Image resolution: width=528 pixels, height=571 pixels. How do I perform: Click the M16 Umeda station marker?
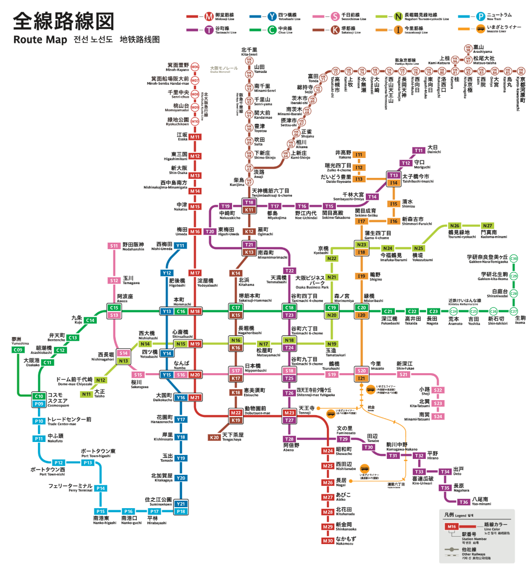(195, 232)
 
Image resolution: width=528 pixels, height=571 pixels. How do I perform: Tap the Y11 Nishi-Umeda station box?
(180, 245)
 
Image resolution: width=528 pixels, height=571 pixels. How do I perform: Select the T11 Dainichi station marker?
(418, 150)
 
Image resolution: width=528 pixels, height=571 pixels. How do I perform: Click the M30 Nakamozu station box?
(327, 541)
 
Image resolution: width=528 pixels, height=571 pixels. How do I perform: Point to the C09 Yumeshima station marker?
(18, 350)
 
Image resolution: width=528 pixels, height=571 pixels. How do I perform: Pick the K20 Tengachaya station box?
(215, 437)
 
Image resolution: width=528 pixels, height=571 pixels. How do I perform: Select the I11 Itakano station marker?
(359, 154)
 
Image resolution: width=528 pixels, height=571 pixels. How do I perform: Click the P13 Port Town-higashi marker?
(88, 463)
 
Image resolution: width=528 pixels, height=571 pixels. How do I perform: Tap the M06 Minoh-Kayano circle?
(195, 67)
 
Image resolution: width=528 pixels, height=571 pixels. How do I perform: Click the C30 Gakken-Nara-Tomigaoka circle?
(514, 258)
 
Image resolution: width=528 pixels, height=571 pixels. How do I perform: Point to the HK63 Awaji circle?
(249, 168)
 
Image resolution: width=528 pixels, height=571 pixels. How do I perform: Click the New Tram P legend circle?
(481, 17)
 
